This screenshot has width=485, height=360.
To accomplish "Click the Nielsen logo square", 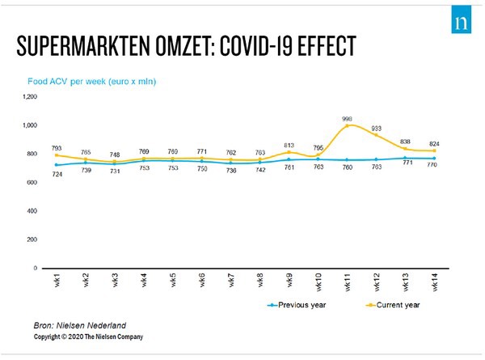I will tap(462, 20).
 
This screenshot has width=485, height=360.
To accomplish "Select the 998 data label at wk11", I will tap(348, 117).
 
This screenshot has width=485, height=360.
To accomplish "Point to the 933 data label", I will tap(377, 128).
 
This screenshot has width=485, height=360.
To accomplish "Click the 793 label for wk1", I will tap(56, 147).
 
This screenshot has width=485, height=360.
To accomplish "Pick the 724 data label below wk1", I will tap(56, 175).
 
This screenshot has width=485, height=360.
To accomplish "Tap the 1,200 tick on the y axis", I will tap(30, 96).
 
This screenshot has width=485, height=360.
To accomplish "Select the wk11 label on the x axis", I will tap(348, 282).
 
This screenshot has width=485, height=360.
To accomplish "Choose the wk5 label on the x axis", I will tap(173, 282).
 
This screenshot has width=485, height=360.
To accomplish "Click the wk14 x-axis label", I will tap(435, 282).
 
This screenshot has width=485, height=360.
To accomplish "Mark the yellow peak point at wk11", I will tap(348, 125).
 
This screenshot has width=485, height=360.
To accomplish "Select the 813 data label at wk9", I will tap(289, 143).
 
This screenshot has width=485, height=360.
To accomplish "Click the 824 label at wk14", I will tap(435, 142).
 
